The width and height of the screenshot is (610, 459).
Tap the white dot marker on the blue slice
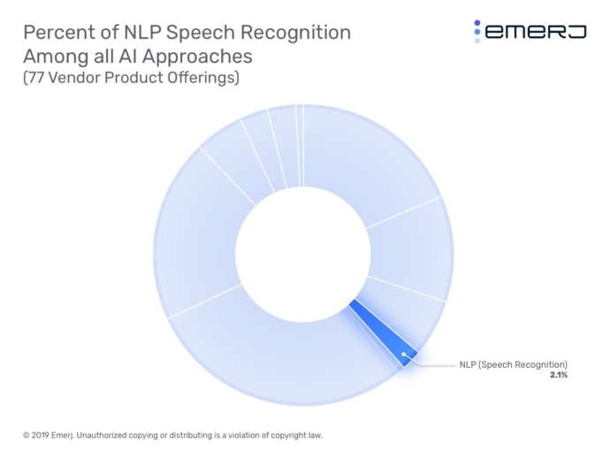404,355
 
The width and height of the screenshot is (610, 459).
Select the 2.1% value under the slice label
558,375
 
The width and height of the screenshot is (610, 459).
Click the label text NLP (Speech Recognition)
513,363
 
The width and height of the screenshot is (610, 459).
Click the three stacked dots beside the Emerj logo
477,32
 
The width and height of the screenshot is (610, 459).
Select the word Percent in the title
56,33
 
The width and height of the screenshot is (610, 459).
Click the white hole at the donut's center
301,253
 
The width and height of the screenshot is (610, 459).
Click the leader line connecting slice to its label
433,363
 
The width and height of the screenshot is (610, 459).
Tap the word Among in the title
53,57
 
